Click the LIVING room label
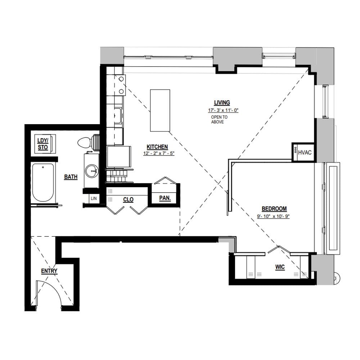click(x=222, y=103)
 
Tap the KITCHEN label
click(x=157, y=147)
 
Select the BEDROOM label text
click(x=274, y=209)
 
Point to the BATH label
click(x=71, y=177)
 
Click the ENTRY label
click(x=49, y=271)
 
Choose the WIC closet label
click(x=280, y=267)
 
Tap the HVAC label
click(x=305, y=152)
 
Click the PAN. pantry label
click(x=165, y=198)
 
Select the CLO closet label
click(x=128, y=199)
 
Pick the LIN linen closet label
click(x=94, y=198)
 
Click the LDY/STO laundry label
click(x=43, y=144)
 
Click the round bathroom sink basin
click(x=92, y=171)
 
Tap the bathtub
click(x=43, y=182)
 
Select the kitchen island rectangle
click(x=160, y=111)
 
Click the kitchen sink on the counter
click(x=118, y=116)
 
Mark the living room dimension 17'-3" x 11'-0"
click(x=223, y=111)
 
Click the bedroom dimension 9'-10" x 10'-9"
click(x=273, y=216)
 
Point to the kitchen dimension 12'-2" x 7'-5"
click(x=159, y=153)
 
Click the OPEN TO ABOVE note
click(x=219, y=120)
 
